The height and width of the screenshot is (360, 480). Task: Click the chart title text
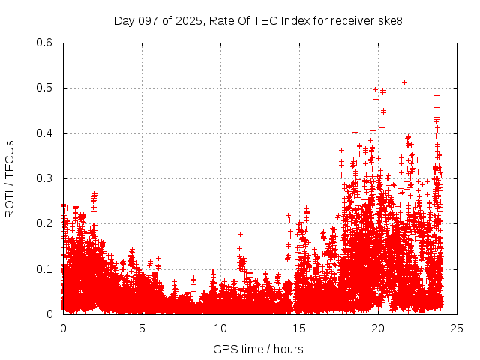click(x=258, y=21)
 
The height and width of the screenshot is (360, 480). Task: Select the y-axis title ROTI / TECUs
click(x=10, y=178)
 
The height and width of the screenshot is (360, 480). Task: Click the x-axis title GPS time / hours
click(x=258, y=349)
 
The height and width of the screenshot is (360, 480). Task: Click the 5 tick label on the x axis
click(x=142, y=328)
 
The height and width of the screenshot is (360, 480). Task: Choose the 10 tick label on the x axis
click(x=220, y=328)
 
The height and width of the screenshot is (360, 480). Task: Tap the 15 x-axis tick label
click(x=299, y=328)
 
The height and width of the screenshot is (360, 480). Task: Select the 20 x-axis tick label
click(x=378, y=328)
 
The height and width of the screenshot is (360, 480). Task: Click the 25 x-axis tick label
click(x=457, y=328)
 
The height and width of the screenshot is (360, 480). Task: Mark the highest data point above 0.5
click(x=405, y=82)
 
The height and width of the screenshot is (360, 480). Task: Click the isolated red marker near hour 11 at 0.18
click(x=240, y=234)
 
